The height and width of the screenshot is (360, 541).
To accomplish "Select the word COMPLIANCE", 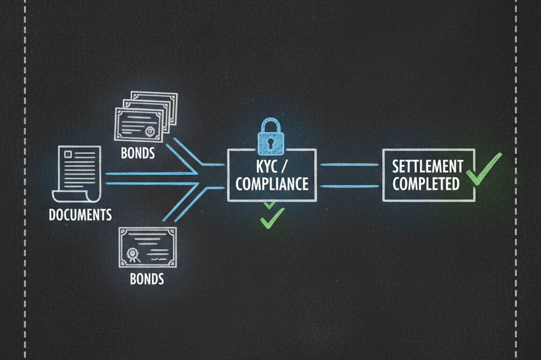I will click(271, 184).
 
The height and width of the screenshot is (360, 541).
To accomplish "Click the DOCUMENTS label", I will click(80, 215).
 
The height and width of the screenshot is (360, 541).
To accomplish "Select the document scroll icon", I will click(80, 175).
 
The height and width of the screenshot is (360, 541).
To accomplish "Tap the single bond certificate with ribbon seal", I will click(147, 248).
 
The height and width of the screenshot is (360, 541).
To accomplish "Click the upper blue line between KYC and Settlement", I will click(350, 165).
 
